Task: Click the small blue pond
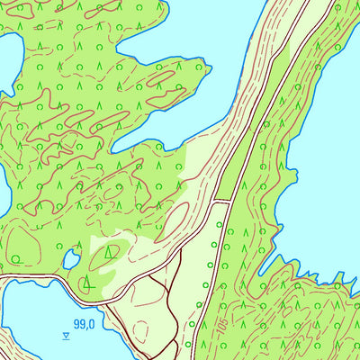coord(70,260)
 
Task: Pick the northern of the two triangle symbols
coord(111,253)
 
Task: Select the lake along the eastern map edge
coord(324,162)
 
